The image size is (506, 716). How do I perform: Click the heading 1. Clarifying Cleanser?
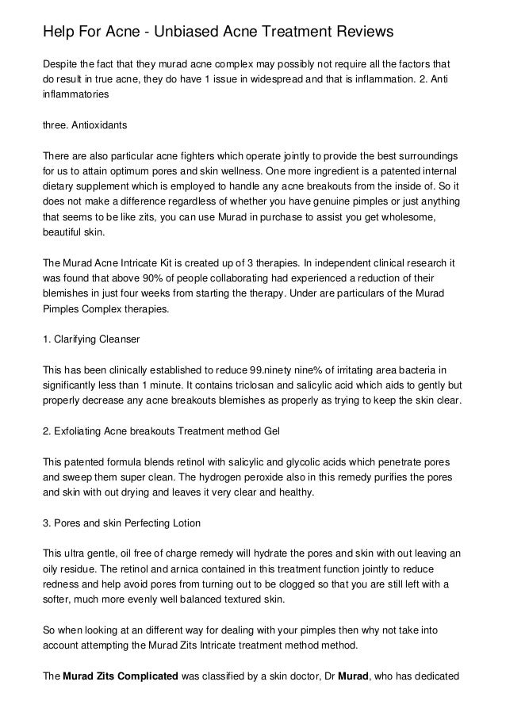[x=91, y=339]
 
